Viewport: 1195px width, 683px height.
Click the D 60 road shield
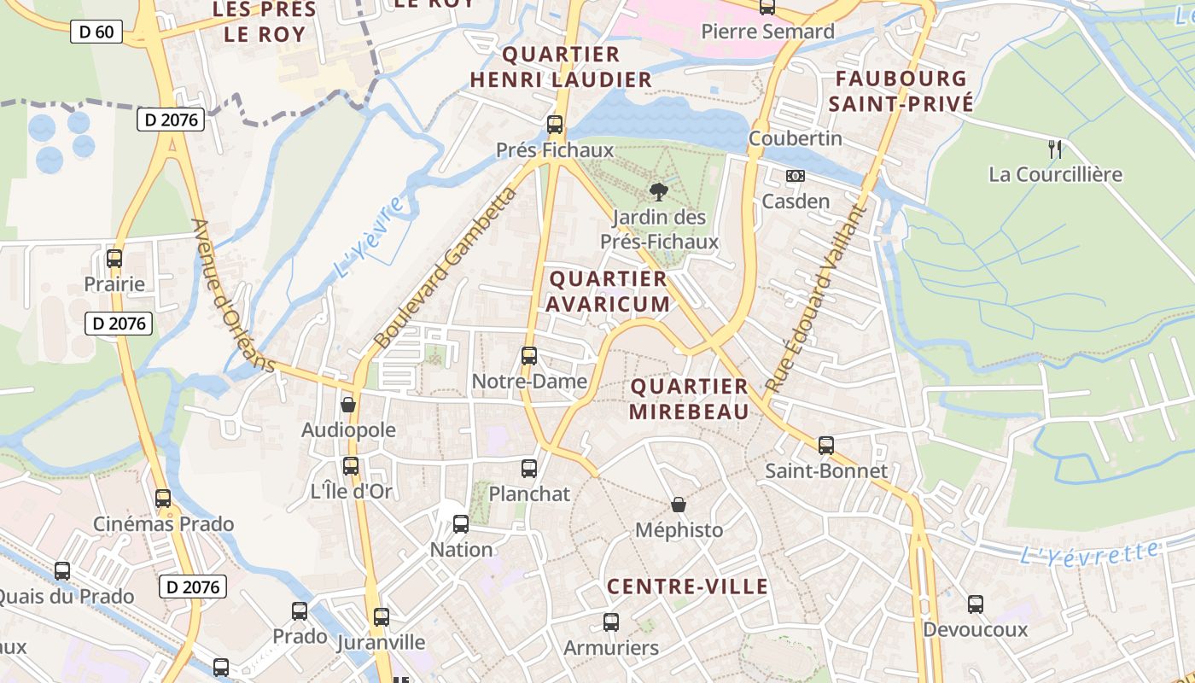[97, 32]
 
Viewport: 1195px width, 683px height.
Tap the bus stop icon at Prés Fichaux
[555, 125]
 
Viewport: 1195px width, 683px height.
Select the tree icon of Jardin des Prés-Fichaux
[658, 191]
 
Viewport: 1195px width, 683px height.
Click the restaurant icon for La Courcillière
[1056, 149]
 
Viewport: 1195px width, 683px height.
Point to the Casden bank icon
[795, 176]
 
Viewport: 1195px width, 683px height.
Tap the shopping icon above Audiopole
[348, 405]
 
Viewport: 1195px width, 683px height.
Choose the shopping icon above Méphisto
[679, 505]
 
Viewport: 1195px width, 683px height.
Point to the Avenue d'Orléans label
[232, 296]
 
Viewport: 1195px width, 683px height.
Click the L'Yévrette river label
[1090, 553]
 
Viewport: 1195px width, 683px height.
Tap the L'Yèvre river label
[369, 238]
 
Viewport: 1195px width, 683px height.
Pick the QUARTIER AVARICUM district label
[609, 291]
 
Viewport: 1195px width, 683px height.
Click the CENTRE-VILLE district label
[687, 587]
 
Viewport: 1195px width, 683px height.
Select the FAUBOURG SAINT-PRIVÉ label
[904, 91]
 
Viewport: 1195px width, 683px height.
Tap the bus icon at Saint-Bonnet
[825, 445]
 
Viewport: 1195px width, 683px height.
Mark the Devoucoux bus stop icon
[976, 604]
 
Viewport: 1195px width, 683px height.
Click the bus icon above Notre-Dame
[529, 355]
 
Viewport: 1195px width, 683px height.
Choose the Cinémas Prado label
[163, 523]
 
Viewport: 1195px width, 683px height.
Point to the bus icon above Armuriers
[611, 622]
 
